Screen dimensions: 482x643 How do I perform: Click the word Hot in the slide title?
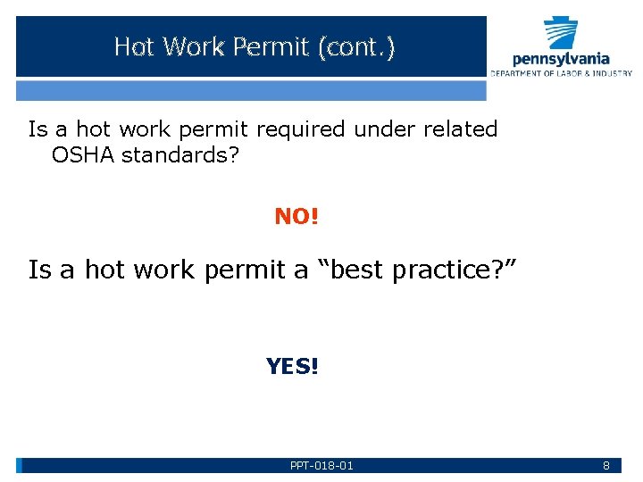(x=133, y=46)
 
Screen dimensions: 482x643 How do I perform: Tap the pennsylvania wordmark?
(x=561, y=60)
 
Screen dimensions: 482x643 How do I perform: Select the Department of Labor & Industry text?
(x=561, y=73)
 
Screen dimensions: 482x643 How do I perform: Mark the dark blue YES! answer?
(x=292, y=366)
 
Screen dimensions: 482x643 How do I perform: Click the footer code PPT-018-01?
(x=321, y=466)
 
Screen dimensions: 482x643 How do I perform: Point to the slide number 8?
(x=606, y=466)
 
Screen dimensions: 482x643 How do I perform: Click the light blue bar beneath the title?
(x=251, y=90)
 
